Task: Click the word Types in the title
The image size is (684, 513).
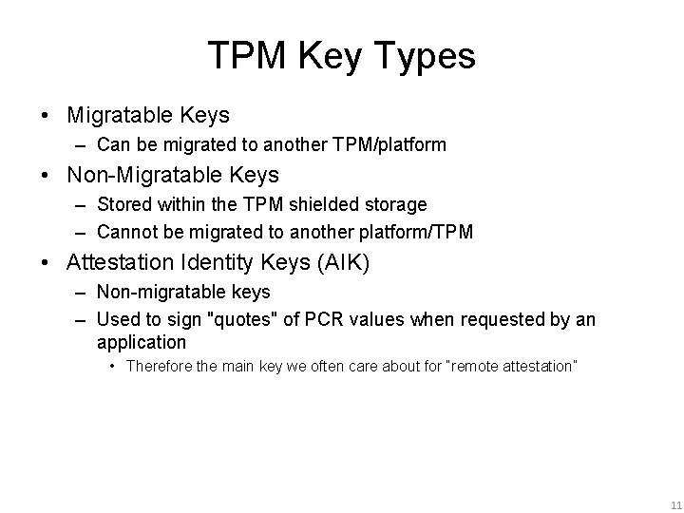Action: (426, 57)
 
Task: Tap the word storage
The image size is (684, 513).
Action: (400, 204)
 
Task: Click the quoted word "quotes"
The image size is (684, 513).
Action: (243, 319)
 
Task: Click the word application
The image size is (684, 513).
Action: (142, 342)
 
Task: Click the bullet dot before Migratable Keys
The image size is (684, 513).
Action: (46, 116)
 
